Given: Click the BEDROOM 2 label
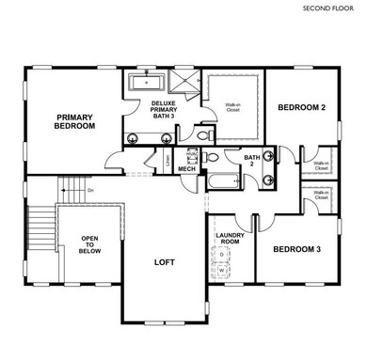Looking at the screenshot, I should click(x=300, y=108).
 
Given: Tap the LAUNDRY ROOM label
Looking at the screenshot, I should click(x=231, y=239).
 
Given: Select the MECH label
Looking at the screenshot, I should click(x=186, y=169).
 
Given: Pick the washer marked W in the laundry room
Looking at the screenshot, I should click(x=223, y=270).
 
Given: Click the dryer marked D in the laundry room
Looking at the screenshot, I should click(x=223, y=254).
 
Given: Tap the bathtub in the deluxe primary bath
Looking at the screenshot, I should click(x=145, y=83).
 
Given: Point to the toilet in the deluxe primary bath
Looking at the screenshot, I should click(x=212, y=157).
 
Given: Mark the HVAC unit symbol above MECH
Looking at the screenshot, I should click(x=188, y=153).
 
